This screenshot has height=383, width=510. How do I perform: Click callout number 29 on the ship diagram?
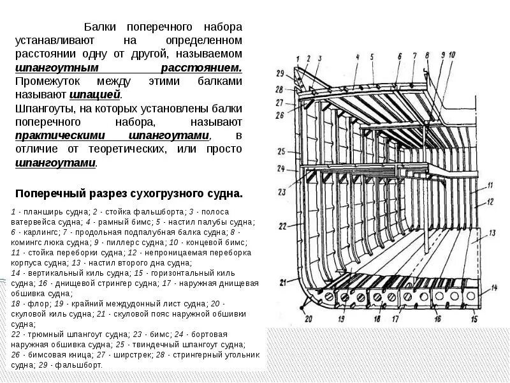tap(279, 74)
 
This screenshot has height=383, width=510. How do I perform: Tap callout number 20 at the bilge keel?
tap(309, 319)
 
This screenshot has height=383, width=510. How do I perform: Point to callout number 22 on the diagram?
tap(283, 227)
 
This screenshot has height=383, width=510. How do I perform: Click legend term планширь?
tap(37, 211)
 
